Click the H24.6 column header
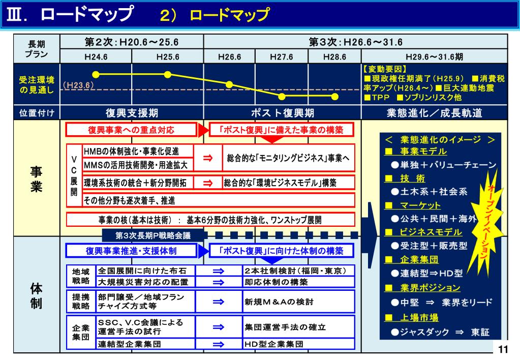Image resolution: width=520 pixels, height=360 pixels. coord(96,57)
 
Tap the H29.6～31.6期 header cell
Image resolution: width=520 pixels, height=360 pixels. coord(434,57)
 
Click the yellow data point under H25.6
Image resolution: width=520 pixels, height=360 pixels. coord(168,74)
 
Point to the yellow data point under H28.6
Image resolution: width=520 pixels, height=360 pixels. coord(334,96)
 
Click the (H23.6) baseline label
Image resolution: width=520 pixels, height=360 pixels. coord(78,85)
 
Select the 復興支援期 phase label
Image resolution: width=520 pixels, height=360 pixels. coord(132,113)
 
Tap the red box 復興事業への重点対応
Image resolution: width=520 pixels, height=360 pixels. coord(131,130)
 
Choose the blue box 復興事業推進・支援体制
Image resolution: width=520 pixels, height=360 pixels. coord(131,251)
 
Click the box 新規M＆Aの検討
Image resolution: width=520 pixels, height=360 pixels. coord(298,302)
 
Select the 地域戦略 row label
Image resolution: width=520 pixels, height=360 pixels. coord(80,276)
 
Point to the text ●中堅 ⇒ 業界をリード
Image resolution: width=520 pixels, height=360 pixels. coord(441,303)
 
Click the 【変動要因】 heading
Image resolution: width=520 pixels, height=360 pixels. coord(385,69)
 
